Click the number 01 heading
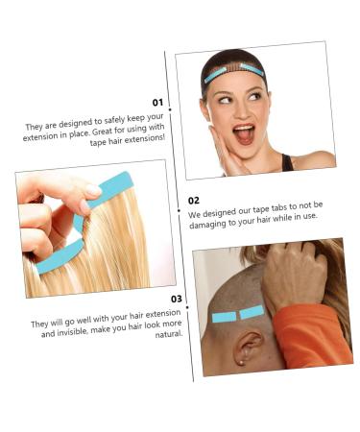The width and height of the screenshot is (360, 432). click(x=157, y=102)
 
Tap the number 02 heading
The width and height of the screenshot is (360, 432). click(x=193, y=201)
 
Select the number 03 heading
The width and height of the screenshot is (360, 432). click(x=176, y=299)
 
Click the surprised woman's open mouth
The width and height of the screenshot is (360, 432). click(x=245, y=132)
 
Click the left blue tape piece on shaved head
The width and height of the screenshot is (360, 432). click(x=224, y=317)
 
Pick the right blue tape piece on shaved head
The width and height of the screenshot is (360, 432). click(x=252, y=311)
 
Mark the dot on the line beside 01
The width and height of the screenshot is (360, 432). click(x=170, y=110)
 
